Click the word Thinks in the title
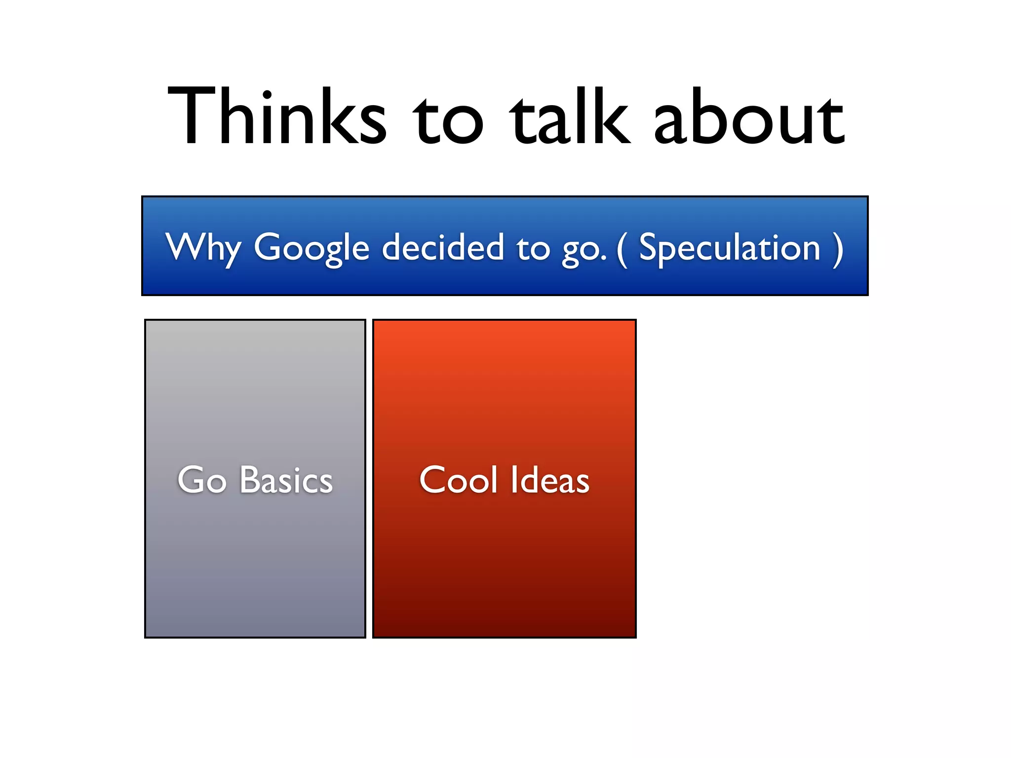click(276, 117)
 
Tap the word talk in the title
click(570, 117)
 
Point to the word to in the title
click(448, 121)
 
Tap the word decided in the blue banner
click(443, 247)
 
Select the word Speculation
click(730, 247)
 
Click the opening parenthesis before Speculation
click(622, 249)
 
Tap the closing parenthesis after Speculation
click(838, 249)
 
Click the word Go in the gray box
click(202, 480)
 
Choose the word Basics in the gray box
click(286, 480)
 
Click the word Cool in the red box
click(459, 480)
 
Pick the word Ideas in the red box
click(550, 480)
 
